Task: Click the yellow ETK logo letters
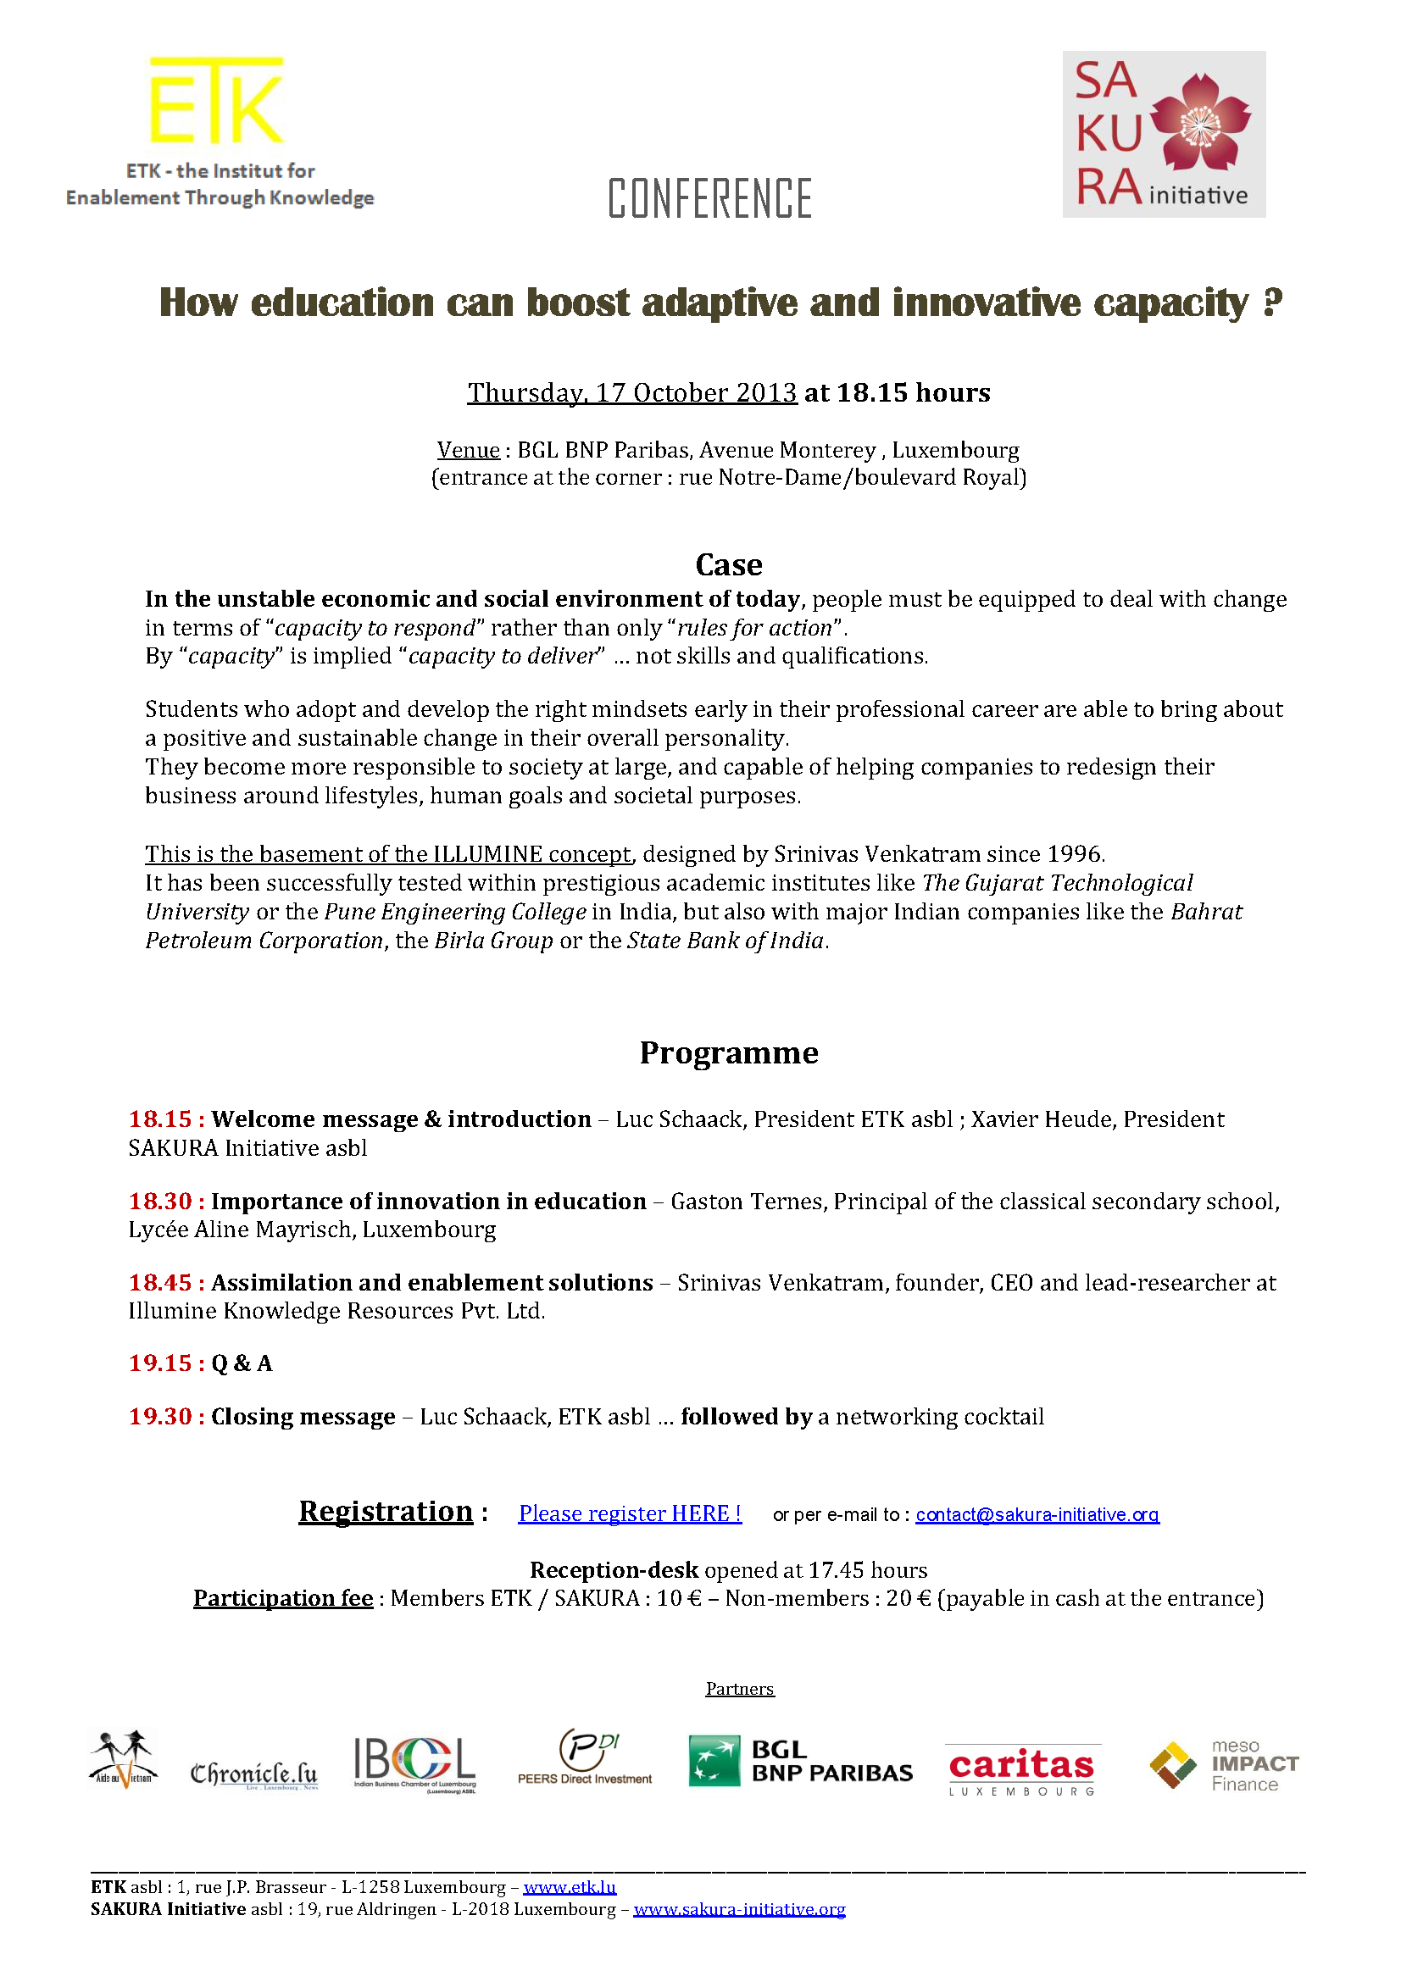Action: [216, 100]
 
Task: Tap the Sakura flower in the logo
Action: [1199, 123]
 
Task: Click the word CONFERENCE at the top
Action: [709, 197]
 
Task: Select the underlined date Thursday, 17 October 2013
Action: [632, 393]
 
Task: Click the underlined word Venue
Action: [468, 450]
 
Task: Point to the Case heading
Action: [729, 564]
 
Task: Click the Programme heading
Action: [729, 1052]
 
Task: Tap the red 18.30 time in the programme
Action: [160, 1201]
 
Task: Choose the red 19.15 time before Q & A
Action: [160, 1363]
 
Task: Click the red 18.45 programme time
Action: [160, 1282]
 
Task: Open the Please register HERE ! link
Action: [630, 1513]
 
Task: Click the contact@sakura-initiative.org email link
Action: [1037, 1514]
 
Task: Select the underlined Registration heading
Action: [386, 1511]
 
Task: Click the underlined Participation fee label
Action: [283, 1598]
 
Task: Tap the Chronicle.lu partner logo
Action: [253, 1773]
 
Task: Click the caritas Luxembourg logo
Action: [1022, 1768]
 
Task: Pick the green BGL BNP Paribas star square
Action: [714, 1761]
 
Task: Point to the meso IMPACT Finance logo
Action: [1223, 1765]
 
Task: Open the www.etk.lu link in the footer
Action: [570, 1887]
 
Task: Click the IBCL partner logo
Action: [414, 1763]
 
